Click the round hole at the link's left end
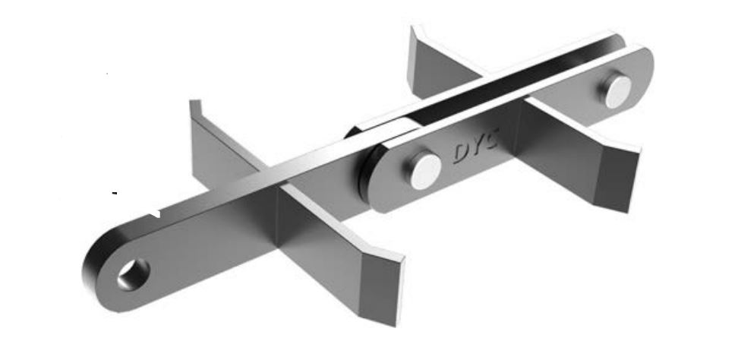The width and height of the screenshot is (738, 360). [133, 274]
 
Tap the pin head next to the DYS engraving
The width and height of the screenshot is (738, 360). [424, 171]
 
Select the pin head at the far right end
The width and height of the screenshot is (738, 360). [617, 90]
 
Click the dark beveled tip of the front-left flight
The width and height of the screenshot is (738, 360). [379, 289]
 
